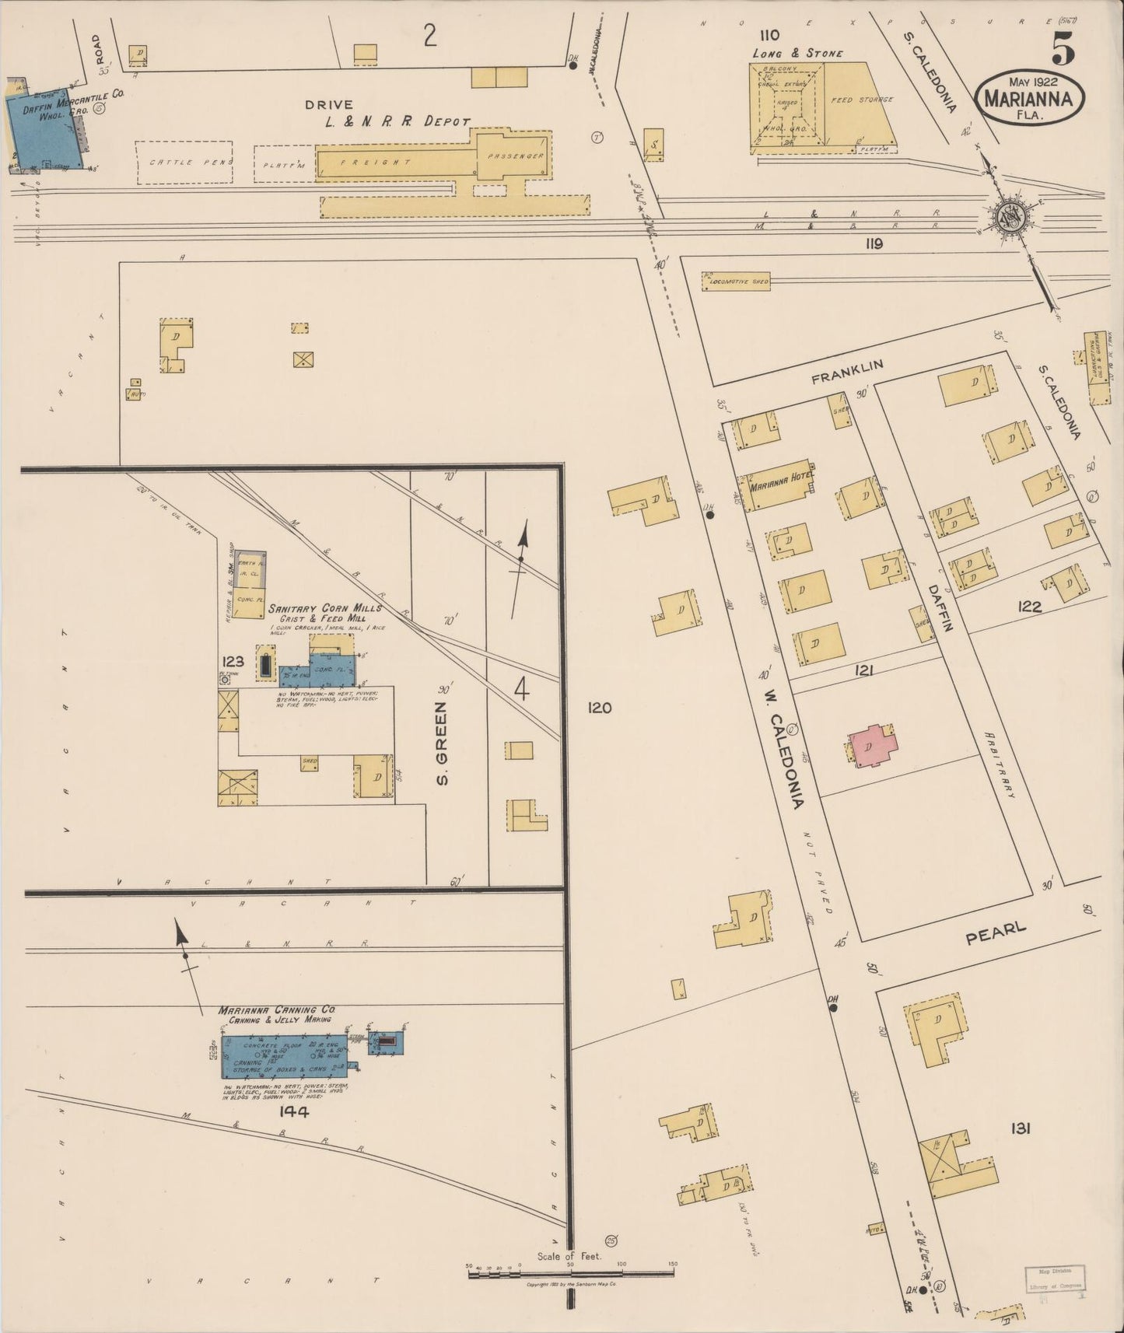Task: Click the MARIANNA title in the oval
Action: pos(1034,99)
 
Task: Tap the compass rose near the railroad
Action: pos(1011,217)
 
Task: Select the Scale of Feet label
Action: pos(569,1256)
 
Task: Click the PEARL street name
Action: pos(996,933)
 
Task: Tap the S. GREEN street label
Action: pos(442,743)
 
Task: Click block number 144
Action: pos(293,1112)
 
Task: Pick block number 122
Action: pos(1029,606)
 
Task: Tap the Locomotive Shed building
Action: pos(736,282)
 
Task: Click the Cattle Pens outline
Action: pos(184,162)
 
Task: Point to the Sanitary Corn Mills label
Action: pos(324,608)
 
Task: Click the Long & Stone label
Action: pos(797,54)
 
